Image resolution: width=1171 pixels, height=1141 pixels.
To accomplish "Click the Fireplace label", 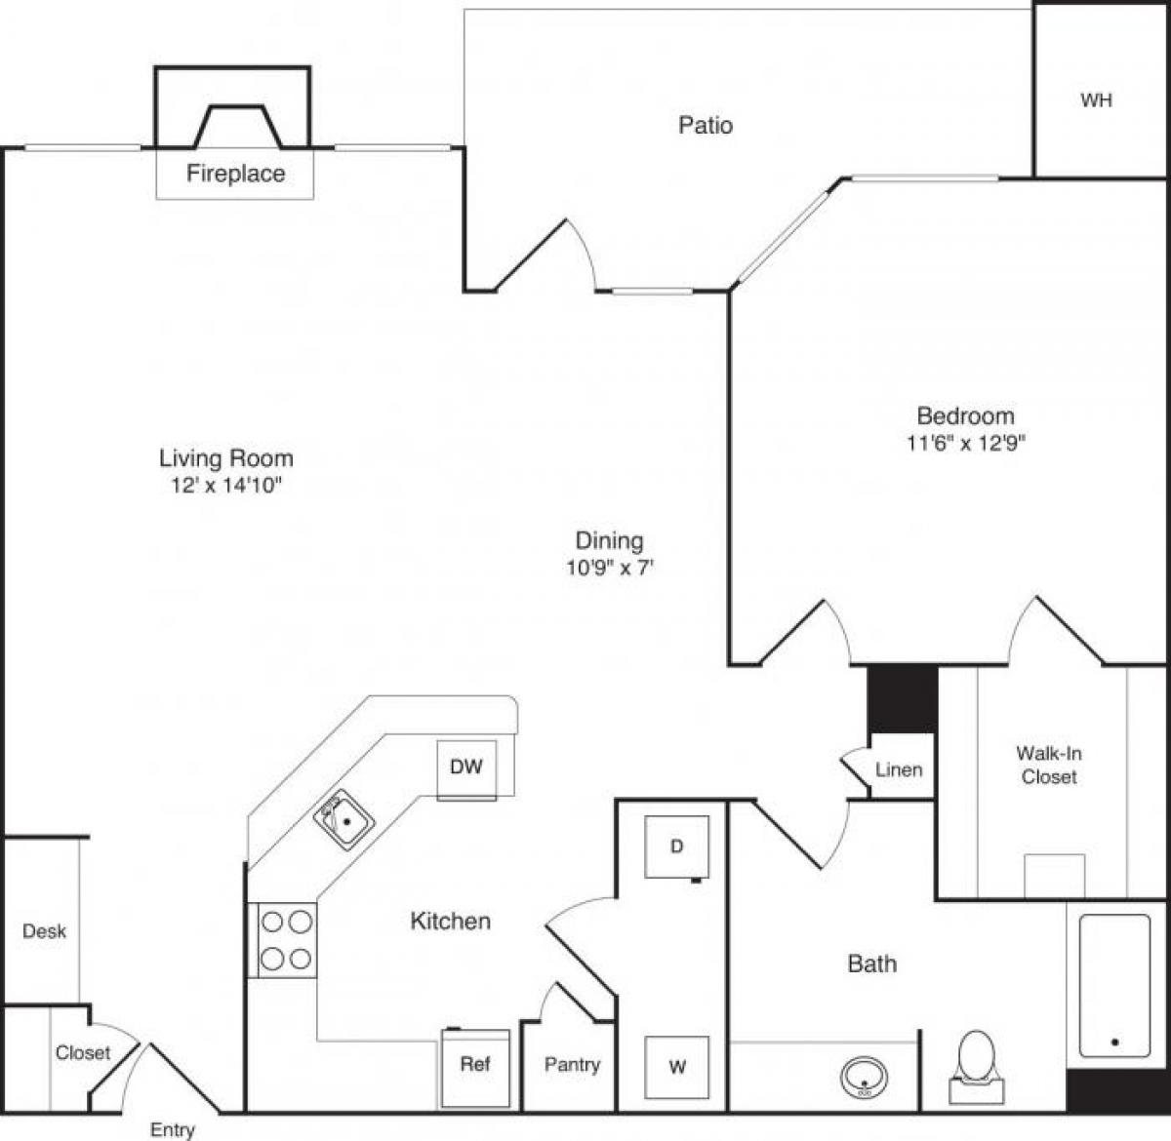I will point(235,174).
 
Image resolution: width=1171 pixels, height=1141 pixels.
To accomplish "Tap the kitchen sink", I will point(343,820).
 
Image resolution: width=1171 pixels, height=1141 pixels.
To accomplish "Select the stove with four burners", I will point(287,940).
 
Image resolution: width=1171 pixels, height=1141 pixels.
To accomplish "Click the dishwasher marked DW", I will point(466,767).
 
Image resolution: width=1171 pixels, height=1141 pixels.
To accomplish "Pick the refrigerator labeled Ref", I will point(475,1066).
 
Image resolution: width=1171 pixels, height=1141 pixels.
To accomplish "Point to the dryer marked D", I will point(676,846).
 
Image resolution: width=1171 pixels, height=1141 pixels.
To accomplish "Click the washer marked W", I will point(676,1067).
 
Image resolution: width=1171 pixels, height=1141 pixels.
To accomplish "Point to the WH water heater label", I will point(1096,100).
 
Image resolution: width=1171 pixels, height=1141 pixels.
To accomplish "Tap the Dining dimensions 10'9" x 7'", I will point(609,567).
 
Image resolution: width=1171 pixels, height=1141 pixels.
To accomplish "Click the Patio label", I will point(705,125).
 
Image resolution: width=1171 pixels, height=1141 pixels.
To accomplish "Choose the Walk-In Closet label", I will point(1049,765).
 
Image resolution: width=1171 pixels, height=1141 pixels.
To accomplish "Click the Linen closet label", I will point(898,769).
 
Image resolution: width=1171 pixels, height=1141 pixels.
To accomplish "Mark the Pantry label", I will point(572,1065).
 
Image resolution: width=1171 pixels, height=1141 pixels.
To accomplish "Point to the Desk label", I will point(44,931).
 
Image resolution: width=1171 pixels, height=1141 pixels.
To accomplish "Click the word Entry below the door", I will point(172,1130).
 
